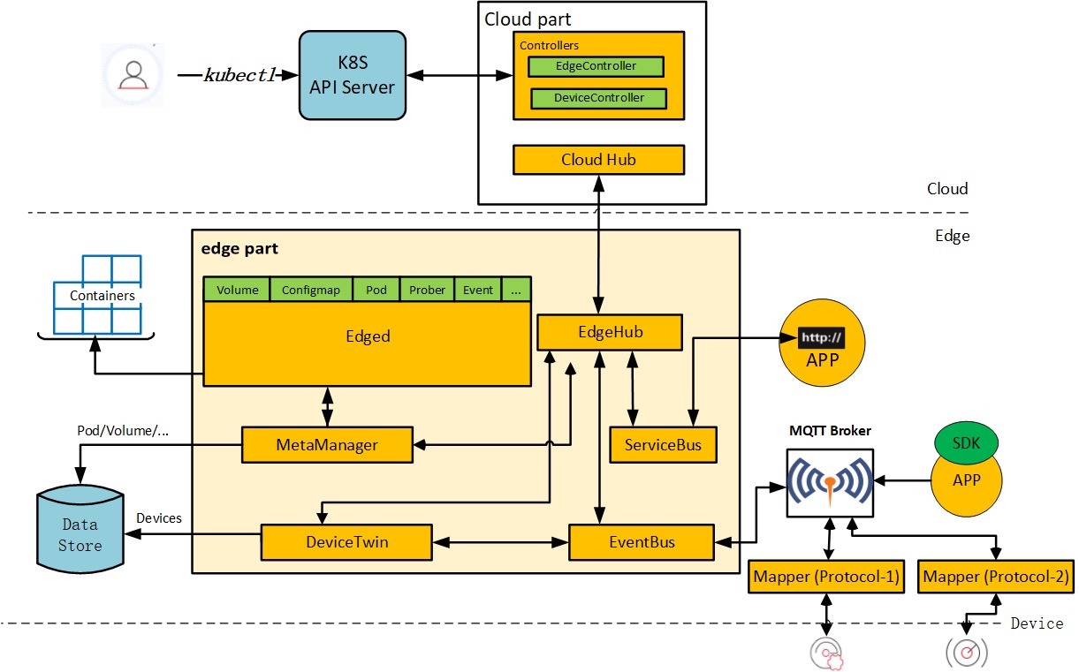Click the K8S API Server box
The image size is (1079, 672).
tap(353, 75)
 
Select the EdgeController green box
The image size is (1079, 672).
tap(595, 66)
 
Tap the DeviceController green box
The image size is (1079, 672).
tap(598, 98)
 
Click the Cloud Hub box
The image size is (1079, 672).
tap(598, 160)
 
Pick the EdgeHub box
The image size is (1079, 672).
tap(610, 333)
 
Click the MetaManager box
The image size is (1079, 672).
tap(327, 445)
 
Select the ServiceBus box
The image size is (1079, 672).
tap(663, 445)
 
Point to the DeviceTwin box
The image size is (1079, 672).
tap(346, 541)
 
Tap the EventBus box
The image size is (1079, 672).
tap(641, 541)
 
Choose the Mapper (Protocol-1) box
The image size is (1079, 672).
tap(825, 578)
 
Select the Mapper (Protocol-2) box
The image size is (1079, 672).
tap(996, 578)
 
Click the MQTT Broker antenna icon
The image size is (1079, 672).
tap(829, 482)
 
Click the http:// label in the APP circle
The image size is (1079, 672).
tap(822, 338)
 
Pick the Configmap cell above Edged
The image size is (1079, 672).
tap(311, 290)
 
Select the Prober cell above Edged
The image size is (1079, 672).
tap(427, 290)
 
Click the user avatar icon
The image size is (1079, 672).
tap(133, 75)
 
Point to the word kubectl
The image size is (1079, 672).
tap(240, 75)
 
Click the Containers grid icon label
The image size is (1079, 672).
tap(103, 296)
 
